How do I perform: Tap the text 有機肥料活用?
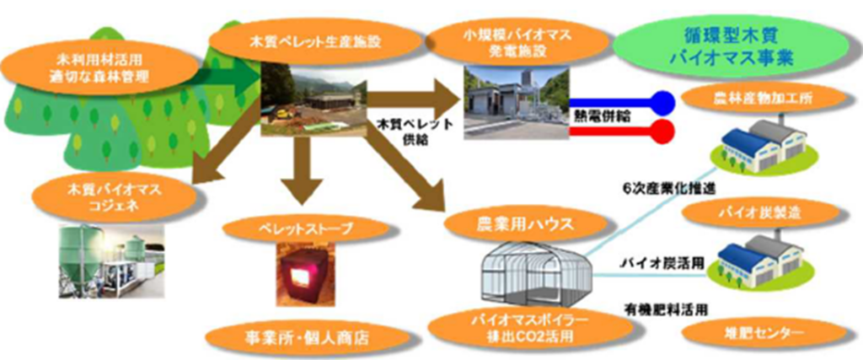tap(665, 309)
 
